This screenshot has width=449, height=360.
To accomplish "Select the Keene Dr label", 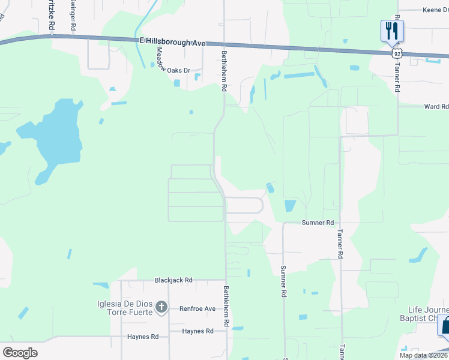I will [x=435, y=10].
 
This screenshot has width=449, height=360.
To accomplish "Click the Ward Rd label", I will [x=436, y=107].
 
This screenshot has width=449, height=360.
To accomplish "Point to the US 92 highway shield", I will [x=397, y=53].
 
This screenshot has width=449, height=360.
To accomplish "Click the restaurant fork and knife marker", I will [x=392, y=31].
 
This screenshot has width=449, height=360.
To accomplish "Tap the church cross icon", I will [x=161, y=308].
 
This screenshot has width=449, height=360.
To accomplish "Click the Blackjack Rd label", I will [x=173, y=280].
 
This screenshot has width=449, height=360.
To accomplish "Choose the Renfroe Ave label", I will [x=197, y=309].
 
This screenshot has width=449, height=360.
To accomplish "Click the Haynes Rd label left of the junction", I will [x=142, y=337].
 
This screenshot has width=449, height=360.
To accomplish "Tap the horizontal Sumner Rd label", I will [x=317, y=223].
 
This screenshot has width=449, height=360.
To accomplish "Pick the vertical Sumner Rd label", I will [x=283, y=282].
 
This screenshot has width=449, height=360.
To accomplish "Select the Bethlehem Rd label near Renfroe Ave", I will [x=226, y=306].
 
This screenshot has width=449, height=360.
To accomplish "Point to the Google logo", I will [x=20, y=353].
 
